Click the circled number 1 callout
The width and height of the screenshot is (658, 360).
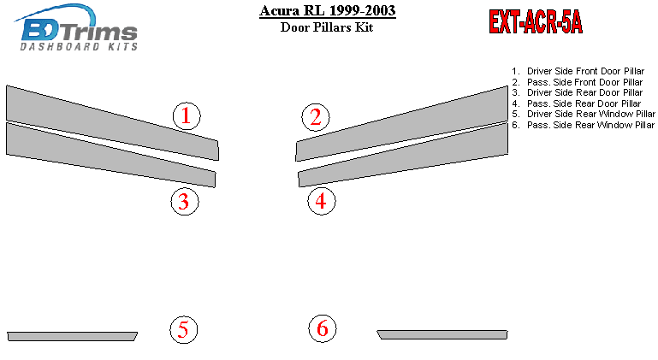(187, 116)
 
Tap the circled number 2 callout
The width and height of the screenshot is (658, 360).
(316, 117)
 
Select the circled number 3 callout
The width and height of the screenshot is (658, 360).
(185, 202)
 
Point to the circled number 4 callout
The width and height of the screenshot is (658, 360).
(322, 201)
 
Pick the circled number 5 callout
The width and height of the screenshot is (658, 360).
(183, 330)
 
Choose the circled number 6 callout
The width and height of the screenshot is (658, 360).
(323, 328)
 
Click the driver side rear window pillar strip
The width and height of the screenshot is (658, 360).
(72, 337)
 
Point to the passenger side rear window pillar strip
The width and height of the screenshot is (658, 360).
(442, 334)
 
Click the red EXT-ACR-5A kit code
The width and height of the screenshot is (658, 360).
(536, 21)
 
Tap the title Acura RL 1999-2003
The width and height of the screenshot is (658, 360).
(328, 10)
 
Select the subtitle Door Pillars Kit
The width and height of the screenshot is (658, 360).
(327, 27)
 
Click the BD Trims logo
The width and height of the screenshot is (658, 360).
(77, 27)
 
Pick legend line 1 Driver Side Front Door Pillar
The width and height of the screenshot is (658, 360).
(578, 71)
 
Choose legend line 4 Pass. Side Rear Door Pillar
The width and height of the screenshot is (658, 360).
(576, 103)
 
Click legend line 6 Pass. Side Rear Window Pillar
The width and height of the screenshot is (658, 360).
(583, 125)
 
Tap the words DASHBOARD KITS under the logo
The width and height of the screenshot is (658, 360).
(79, 46)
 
